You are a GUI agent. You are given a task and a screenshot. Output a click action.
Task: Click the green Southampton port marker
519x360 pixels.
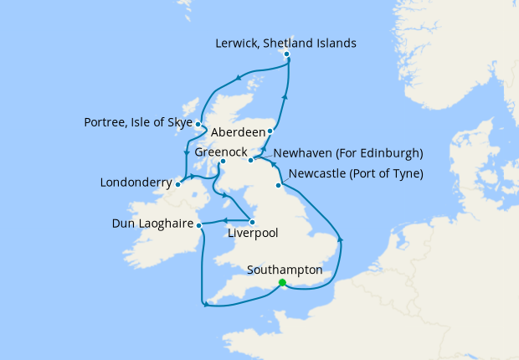click(282, 283)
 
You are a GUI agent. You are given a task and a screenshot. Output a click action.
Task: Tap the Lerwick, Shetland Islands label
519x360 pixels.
click(285, 43)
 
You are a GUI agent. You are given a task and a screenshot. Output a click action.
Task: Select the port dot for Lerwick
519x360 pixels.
click(287, 55)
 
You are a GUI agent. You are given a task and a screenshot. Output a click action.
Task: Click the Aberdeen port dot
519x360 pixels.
click(270, 131)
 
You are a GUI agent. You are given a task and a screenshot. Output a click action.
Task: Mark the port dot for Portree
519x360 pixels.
click(198, 124)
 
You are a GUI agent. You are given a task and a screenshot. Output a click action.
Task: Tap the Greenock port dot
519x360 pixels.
click(223, 162)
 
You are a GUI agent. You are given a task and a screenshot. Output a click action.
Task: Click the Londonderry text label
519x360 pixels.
click(136, 182)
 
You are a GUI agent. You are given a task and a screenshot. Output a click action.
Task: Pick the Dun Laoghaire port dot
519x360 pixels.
click(199, 224)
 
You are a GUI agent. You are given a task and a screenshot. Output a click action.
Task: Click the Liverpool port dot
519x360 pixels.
click(252, 222)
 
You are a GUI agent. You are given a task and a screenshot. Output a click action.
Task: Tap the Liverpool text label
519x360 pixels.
click(253, 234)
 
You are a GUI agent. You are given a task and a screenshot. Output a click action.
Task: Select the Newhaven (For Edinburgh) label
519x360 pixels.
click(348, 154)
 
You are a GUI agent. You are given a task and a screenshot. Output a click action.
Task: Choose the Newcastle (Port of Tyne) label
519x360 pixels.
click(356, 174)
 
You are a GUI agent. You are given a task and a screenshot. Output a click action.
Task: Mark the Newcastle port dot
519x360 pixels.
click(278, 185)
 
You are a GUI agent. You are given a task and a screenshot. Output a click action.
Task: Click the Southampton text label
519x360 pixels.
click(285, 270)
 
